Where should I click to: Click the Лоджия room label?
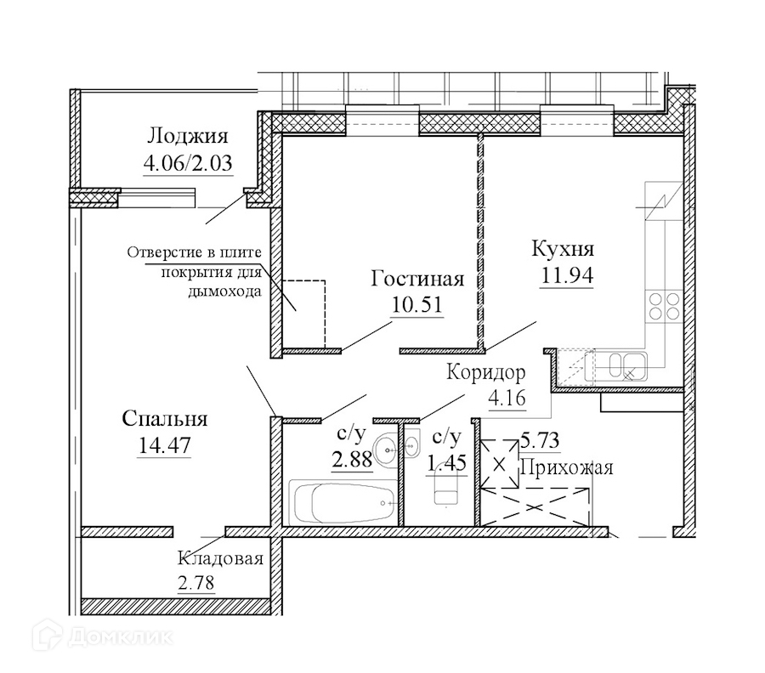188,136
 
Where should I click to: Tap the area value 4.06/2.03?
188,162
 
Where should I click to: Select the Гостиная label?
417,280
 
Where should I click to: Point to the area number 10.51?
417,304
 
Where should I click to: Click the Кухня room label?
563,250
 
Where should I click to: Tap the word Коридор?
487,373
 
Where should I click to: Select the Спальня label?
165,419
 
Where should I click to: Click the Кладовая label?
220,559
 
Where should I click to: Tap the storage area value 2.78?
196,583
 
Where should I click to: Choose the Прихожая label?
566,467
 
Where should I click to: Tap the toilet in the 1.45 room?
446,489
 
